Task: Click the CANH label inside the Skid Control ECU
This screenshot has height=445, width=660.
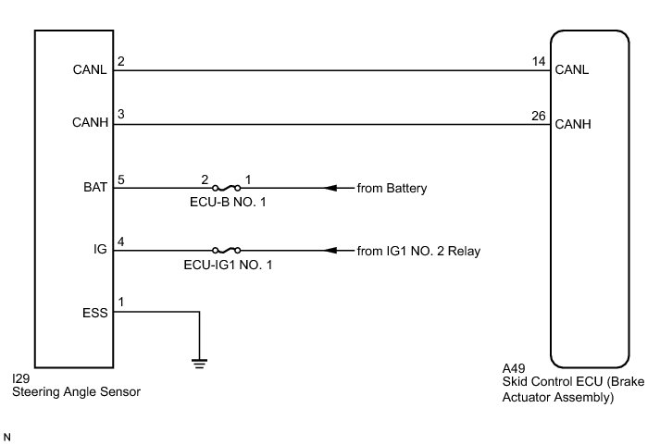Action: [572, 123]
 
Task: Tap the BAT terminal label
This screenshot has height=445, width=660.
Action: [95, 187]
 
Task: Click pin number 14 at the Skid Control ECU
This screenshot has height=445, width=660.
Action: [538, 62]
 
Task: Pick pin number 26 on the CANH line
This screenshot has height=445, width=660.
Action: [538, 116]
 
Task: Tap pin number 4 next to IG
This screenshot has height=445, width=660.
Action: [120, 242]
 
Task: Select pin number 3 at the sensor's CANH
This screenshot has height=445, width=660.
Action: [120, 116]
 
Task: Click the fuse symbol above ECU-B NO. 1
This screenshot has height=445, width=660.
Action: [226, 188]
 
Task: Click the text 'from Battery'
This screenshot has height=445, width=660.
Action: [392, 188]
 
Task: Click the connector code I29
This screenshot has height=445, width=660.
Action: [20, 379]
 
